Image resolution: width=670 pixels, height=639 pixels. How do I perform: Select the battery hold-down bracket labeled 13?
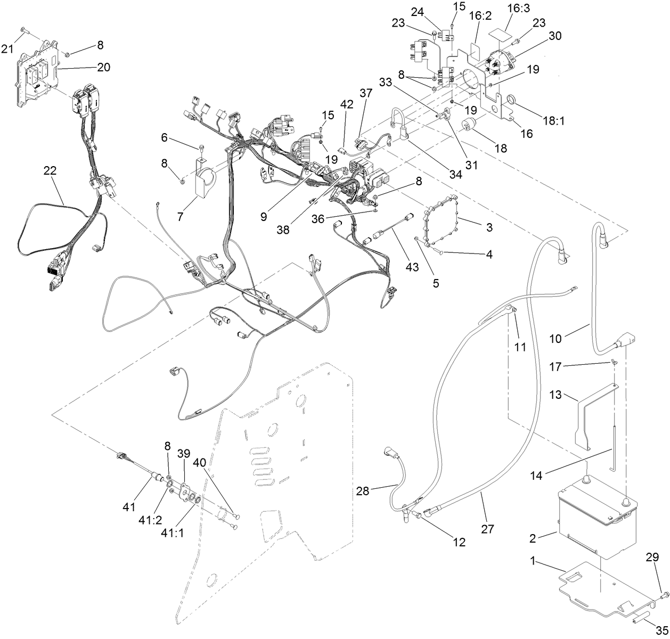click(586, 421)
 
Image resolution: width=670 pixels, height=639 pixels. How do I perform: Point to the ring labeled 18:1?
click(511, 100)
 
